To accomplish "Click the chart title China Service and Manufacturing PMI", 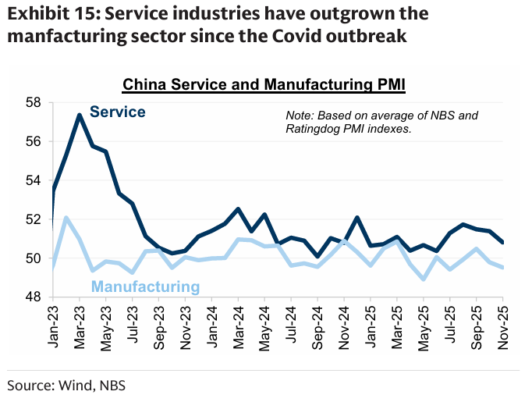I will tap(265, 84).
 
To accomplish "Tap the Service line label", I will tap(117, 112).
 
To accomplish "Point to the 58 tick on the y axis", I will tap(33, 102).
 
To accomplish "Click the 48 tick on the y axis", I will tap(33, 297).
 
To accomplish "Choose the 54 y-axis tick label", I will tap(33, 180).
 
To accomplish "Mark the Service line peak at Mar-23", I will tap(80, 115).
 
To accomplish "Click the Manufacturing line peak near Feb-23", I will tap(66, 218).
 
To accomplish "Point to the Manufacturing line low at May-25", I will tap(423, 279).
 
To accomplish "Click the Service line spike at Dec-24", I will tap(356, 218).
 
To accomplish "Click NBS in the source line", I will tap(110, 385).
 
